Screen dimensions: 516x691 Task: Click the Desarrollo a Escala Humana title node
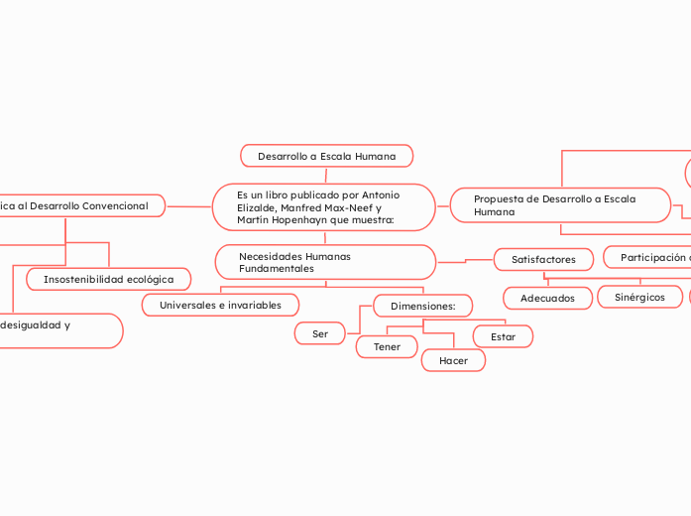(326, 156)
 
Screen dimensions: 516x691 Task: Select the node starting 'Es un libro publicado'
(323, 207)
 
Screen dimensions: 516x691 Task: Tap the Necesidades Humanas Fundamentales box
(324, 262)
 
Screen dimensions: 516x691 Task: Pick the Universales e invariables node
(220, 305)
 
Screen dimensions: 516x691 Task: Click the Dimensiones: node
(422, 306)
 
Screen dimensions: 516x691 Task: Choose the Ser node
(319, 333)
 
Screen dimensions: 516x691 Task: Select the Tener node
(387, 346)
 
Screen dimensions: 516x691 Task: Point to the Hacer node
(453, 360)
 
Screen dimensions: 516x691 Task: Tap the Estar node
(503, 336)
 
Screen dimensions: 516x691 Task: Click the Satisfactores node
(543, 259)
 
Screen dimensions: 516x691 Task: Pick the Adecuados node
(547, 298)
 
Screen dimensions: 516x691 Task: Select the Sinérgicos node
(639, 297)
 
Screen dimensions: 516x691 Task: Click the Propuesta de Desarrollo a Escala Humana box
(560, 205)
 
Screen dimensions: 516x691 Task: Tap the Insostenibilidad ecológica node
(108, 280)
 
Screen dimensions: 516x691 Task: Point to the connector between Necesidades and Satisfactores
(465, 261)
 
